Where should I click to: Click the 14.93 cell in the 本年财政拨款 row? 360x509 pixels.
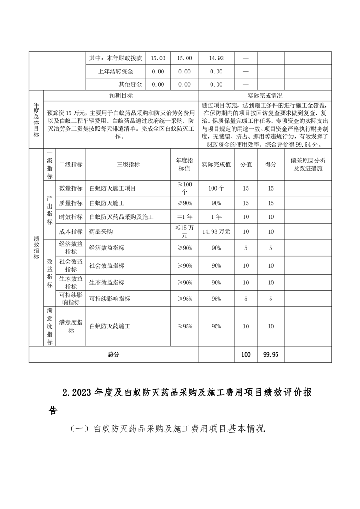click(x=216, y=59)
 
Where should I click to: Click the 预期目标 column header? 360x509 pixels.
click(x=121, y=96)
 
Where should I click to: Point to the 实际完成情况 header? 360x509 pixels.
click(x=265, y=96)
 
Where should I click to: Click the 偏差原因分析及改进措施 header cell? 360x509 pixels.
click(x=308, y=165)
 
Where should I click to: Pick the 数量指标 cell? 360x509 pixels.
click(x=71, y=188)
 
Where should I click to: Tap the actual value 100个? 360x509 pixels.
click(x=216, y=188)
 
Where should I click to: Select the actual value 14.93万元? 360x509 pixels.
click(x=216, y=231)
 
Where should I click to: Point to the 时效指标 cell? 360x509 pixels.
click(x=71, y=217)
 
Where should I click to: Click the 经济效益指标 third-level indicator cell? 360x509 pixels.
click(x=107, y=248)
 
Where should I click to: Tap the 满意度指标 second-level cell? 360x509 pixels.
click(x=71, y=326)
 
